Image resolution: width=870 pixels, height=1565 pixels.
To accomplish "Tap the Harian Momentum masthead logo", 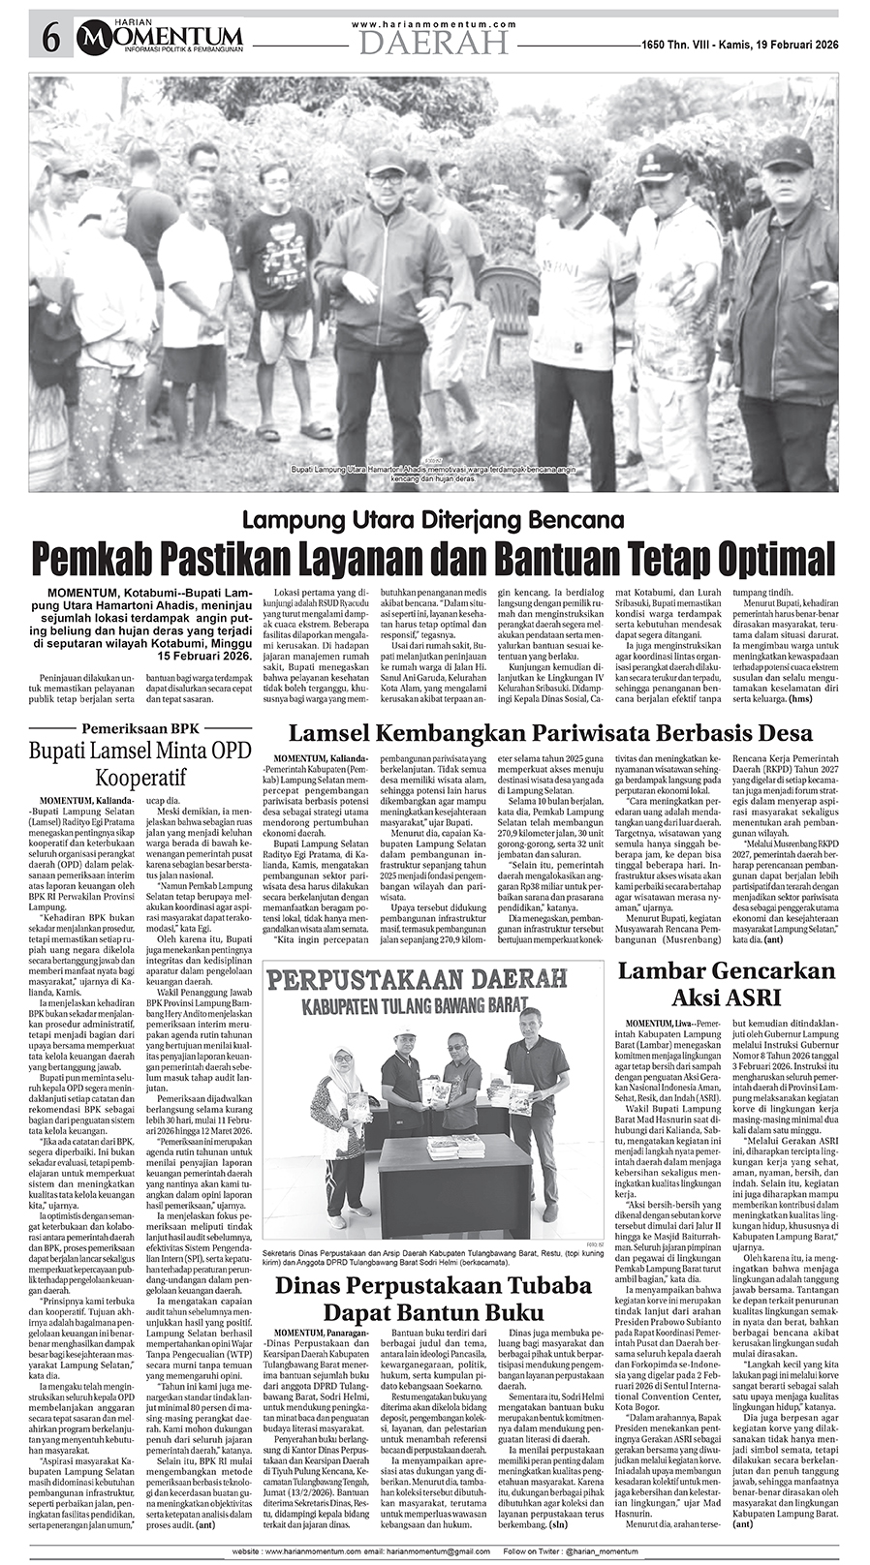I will coord(161,37).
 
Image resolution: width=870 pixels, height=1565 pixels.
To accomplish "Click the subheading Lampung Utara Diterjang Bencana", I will coord(433,519).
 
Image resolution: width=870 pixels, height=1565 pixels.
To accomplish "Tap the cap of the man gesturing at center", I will coord(387,158).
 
